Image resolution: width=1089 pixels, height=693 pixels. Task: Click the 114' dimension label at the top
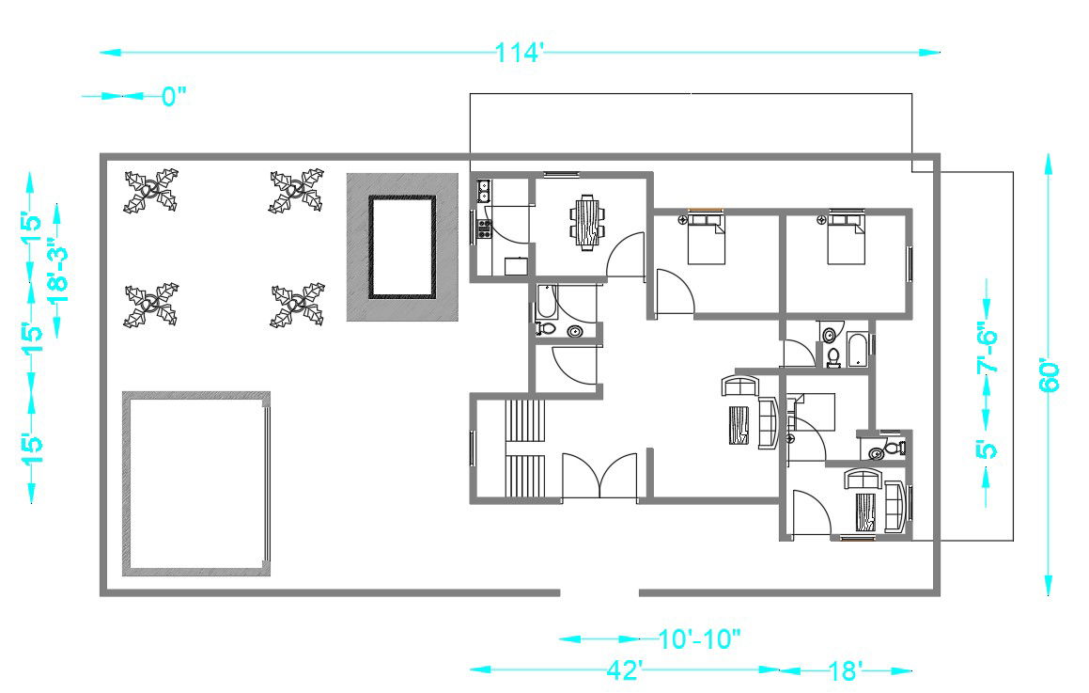tap(520, 53)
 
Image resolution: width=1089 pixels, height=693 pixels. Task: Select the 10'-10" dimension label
tap(699, 639)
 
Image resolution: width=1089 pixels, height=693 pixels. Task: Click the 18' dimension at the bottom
tap(846, 670)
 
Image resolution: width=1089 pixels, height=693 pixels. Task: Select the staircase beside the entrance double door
tap(525, 448)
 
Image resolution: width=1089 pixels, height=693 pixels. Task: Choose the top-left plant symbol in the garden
tap(151, 190)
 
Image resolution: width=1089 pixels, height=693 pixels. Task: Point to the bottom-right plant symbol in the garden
tap(297, 306)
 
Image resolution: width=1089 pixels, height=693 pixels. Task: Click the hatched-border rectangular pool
tap(403, 246)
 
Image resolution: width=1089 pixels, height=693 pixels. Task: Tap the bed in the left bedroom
tap(705, 240)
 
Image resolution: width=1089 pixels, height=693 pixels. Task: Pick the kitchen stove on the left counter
tap(485, 229)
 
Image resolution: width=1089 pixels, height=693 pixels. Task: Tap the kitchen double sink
tap(483, 192)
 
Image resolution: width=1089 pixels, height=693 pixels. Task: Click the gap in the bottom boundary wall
tap(599, 593)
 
